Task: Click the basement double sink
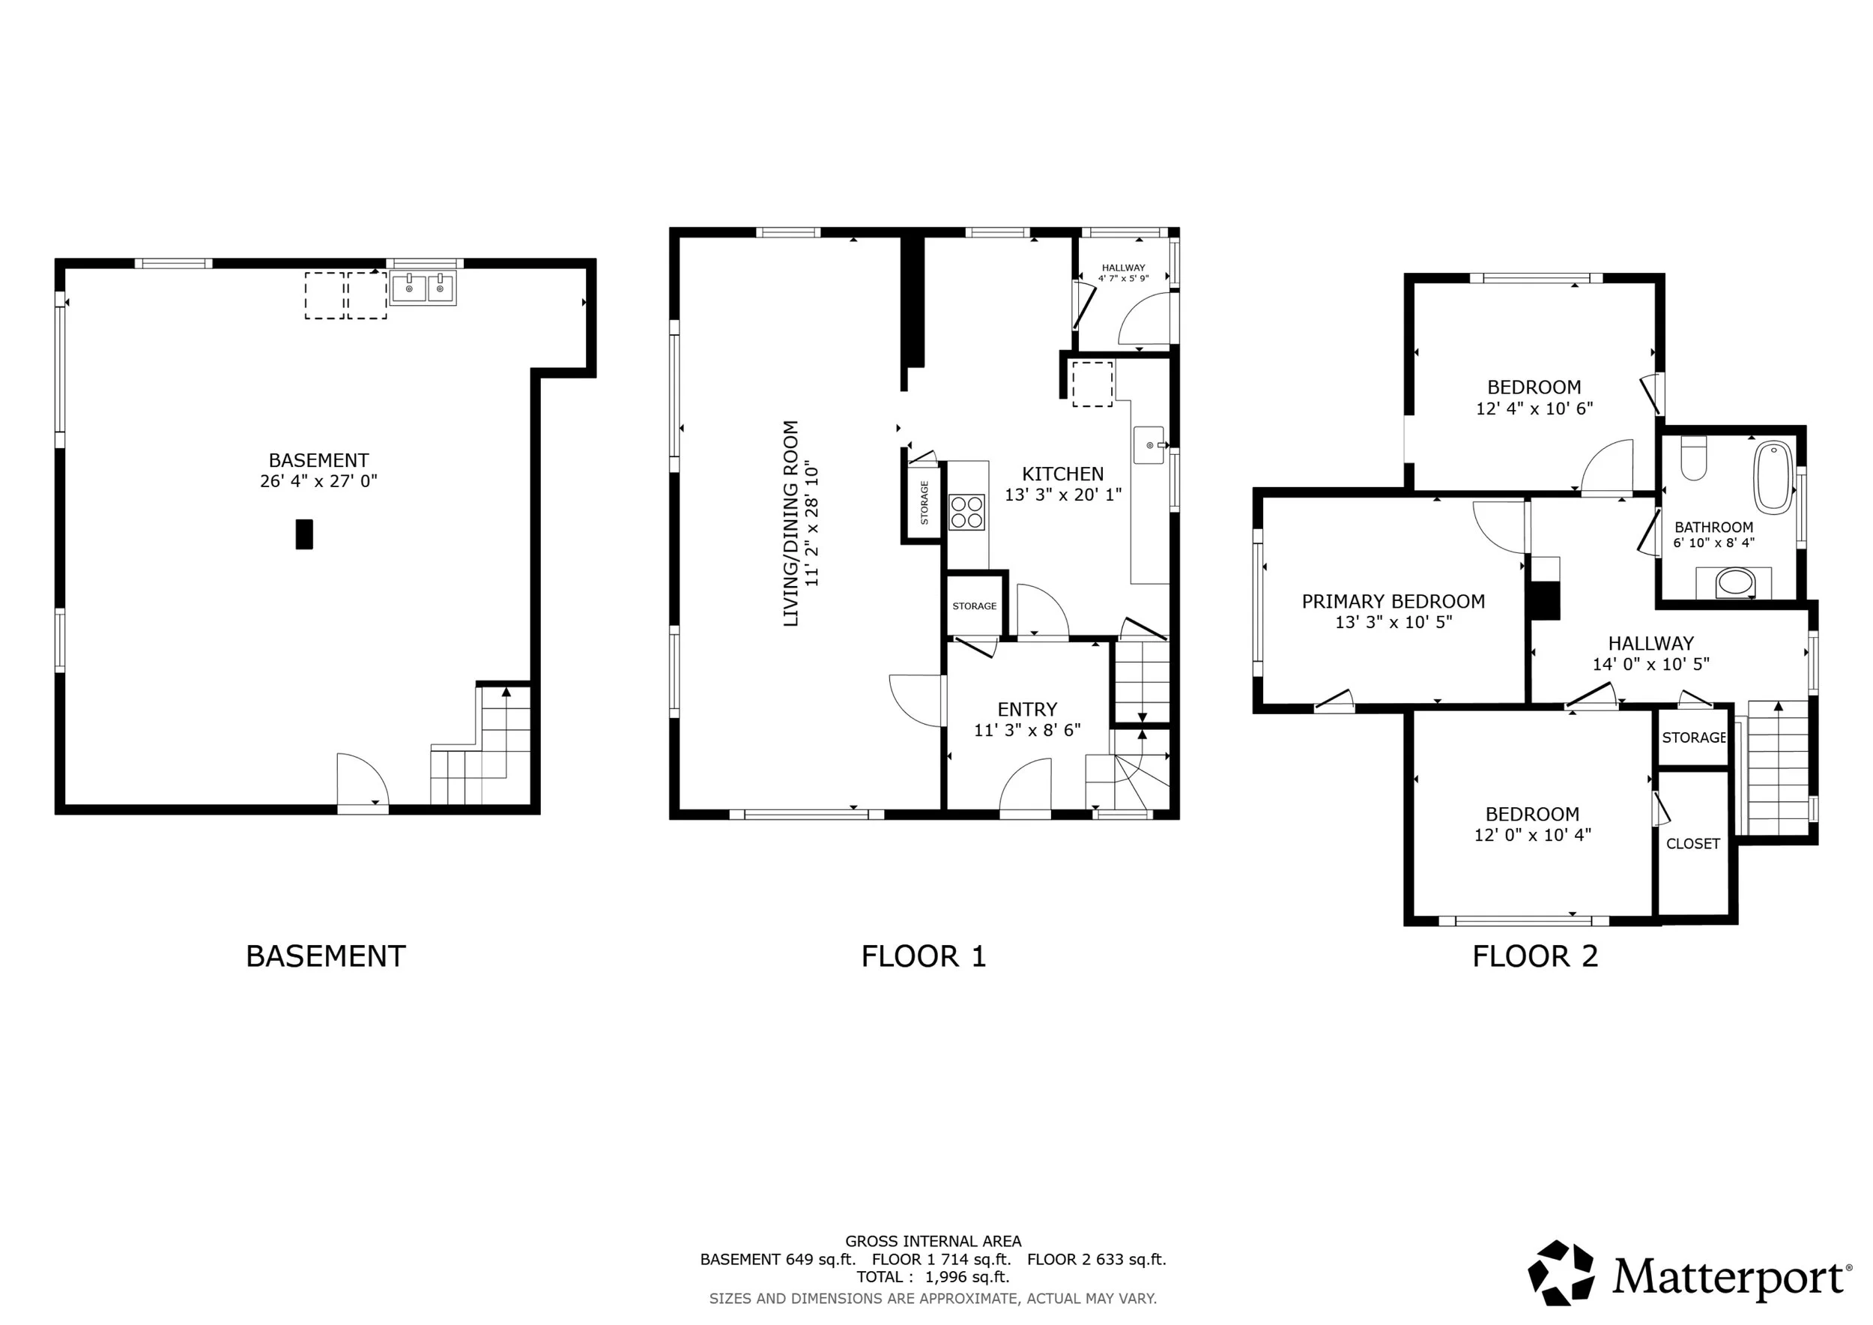pyautogui.click(x=423, y=287)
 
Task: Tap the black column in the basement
pyautogui.click(x=303, y=534)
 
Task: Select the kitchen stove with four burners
pyautogui.click(x=966, y=513)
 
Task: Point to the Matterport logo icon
pyautogui.click(x=1561, y=1272)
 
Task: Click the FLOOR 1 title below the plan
pyautogui.click(x=924, y=956)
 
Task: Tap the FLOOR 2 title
pyautogui.click(x=1534, y=956)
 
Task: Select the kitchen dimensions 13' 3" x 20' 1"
pyautogui.click(x=1063, y=495)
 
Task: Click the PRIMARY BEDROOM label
pyautogui.click(x=1394, y=601)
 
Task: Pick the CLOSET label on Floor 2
pyautogui.click(x=1692, y=844)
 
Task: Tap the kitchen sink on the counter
pyautogui.click(x=1149, y=444)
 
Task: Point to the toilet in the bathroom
pyautogui.click(x=1695, y=459)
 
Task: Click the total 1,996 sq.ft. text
pyautogui.click(x=934, y=1277)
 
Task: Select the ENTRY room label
pyautogui.click(x=1027, y=709)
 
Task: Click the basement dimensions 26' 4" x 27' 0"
pyautogui.click(x=319, y=481)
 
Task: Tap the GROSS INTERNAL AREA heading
pyautogui.click(x=934, y=1241)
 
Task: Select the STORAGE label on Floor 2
pyautogui.click(x=1693, y=737)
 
